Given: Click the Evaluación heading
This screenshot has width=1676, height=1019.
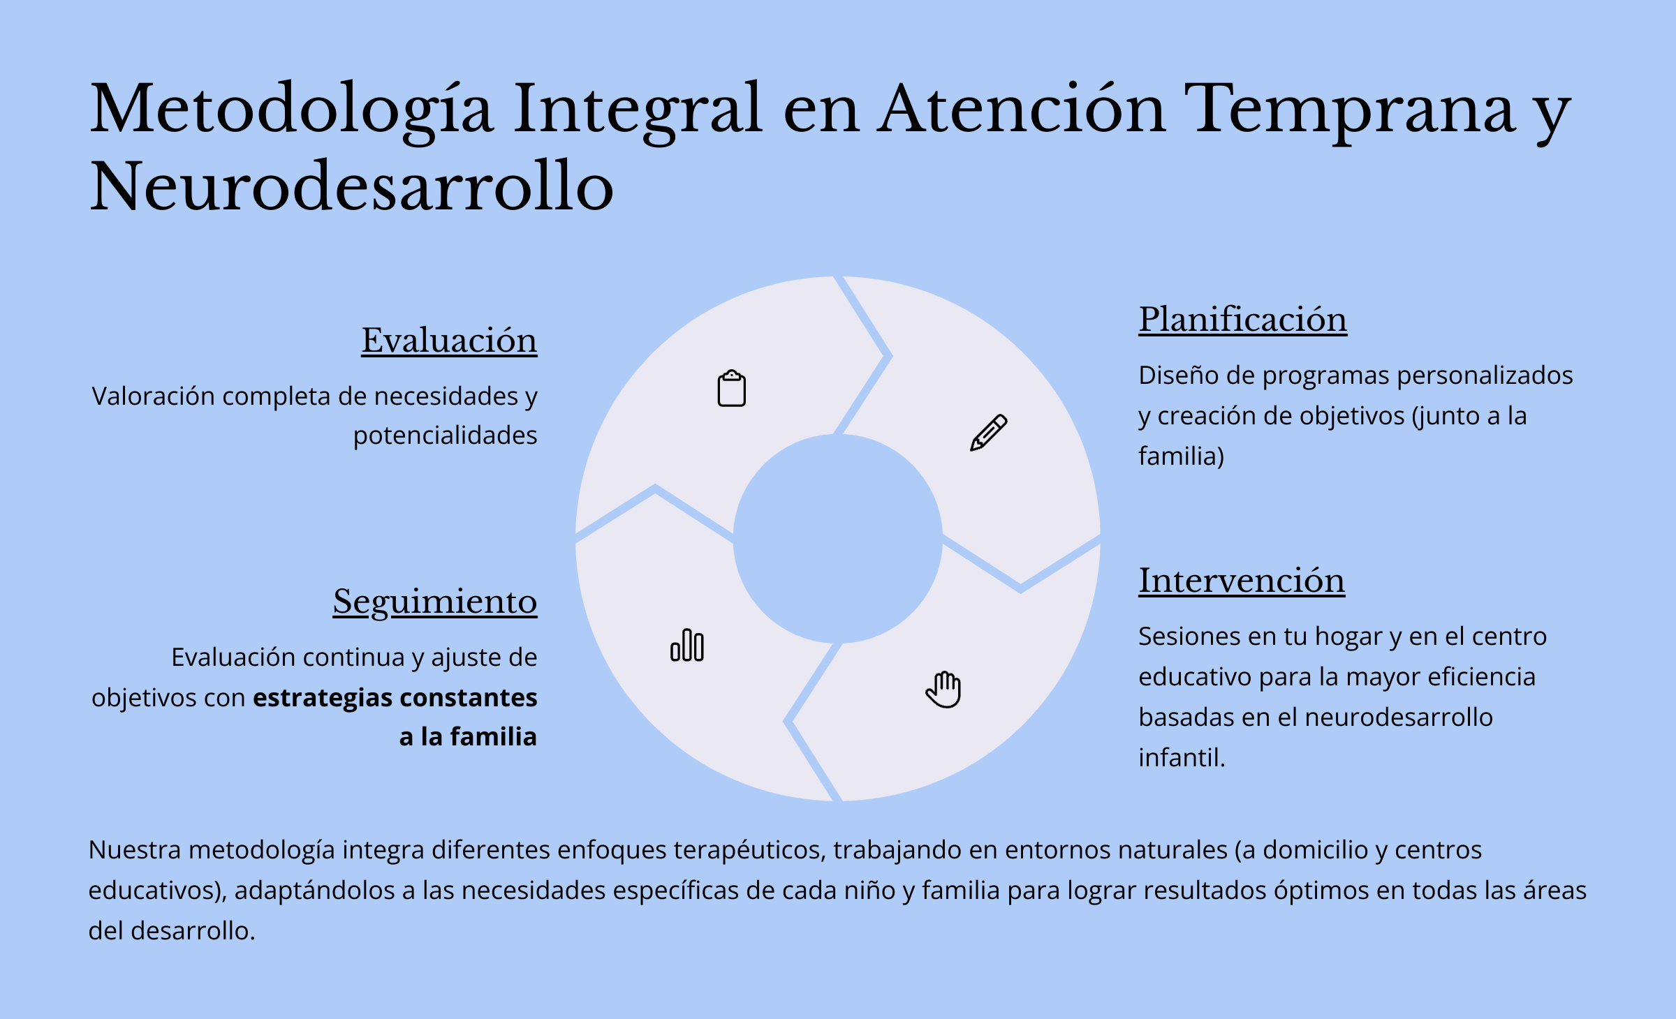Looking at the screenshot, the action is click(x=449, y=341).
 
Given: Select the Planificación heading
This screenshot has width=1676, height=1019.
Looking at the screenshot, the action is click(x=1243, y=320).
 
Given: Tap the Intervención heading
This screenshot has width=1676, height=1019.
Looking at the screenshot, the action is click(x=1242, y=581).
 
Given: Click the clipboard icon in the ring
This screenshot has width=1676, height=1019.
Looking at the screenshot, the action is click(x=732, y=388).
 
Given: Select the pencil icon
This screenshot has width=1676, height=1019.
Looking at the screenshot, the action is click(x=989, y=433).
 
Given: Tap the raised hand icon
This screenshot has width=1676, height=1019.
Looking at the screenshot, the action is click(x=943, y=690).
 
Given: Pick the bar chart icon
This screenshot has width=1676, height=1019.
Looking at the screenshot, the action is click(x=687, y=645).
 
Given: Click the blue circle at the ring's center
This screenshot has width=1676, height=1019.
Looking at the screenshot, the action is click(x=838, y=539).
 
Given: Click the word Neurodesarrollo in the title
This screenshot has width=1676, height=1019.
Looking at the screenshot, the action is click(x=352, y=186).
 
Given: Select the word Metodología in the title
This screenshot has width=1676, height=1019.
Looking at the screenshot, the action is click(x=292, y=110).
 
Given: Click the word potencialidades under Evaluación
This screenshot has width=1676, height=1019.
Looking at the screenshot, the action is click(x=445, y=436).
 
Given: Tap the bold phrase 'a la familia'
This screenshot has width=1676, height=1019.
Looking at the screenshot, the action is click(x=468, y=737).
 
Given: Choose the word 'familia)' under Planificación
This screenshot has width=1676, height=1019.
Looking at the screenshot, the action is click(x=1182, y=456).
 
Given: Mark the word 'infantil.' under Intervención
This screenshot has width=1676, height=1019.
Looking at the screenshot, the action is click(x=1182, y=758).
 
